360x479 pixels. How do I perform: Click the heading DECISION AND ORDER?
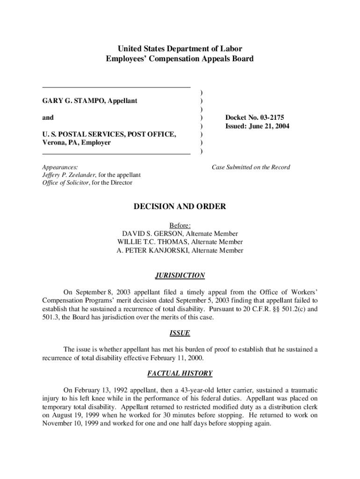(180, 206)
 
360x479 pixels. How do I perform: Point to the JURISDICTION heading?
(180, 276)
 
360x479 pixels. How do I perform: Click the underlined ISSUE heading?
(180, 334)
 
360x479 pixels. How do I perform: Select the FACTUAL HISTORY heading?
(180, 373)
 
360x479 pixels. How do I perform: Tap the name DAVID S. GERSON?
(151, 233)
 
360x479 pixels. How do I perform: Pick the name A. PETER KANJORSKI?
(153, 250)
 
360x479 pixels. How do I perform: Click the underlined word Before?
(180, 225)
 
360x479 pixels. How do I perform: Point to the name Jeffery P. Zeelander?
(69, 175)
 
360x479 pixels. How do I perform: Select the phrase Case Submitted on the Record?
(251, 167)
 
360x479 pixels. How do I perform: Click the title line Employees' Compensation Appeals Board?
(180, 58)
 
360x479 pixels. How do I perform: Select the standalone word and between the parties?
(48, 117)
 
